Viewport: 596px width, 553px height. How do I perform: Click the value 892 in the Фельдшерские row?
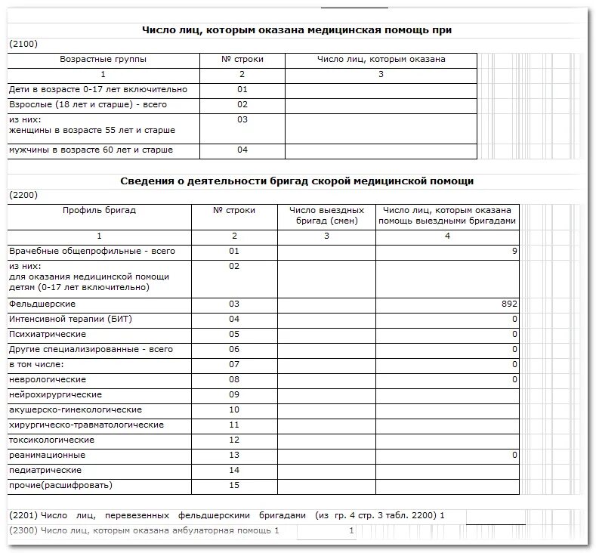[x=508, y=304]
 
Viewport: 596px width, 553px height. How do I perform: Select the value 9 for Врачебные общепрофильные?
[x=514, y=250]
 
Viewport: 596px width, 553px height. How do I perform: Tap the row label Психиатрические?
[x=47, y=334]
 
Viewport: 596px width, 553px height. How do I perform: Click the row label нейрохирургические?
[x=55, y=394]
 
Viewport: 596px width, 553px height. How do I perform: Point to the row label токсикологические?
[x=51, y=440]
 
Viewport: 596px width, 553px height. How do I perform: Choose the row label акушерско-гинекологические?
[x=75, y=409]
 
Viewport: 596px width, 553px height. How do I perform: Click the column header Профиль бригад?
[x=99, y=210]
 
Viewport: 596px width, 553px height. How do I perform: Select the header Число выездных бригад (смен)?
[x=326, y=215]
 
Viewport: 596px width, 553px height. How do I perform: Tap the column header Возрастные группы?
[x=103, y=59]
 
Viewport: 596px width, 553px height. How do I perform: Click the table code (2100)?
[x=23, y=45]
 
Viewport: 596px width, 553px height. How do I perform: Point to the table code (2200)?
[x=23, y=195]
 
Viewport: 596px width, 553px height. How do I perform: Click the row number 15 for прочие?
[x=233, y=485]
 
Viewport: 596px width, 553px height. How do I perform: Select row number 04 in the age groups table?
[x=242, y=150]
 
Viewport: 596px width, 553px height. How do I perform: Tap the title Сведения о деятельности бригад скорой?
[x=297, y=181]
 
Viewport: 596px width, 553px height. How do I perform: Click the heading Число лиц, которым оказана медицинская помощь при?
[x=297, y=29]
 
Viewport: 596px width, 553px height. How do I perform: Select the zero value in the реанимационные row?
[x=514, y=455]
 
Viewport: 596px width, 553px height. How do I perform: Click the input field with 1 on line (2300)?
[x=326, y=531]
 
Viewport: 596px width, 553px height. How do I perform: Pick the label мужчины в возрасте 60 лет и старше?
[x=91, y=150]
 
